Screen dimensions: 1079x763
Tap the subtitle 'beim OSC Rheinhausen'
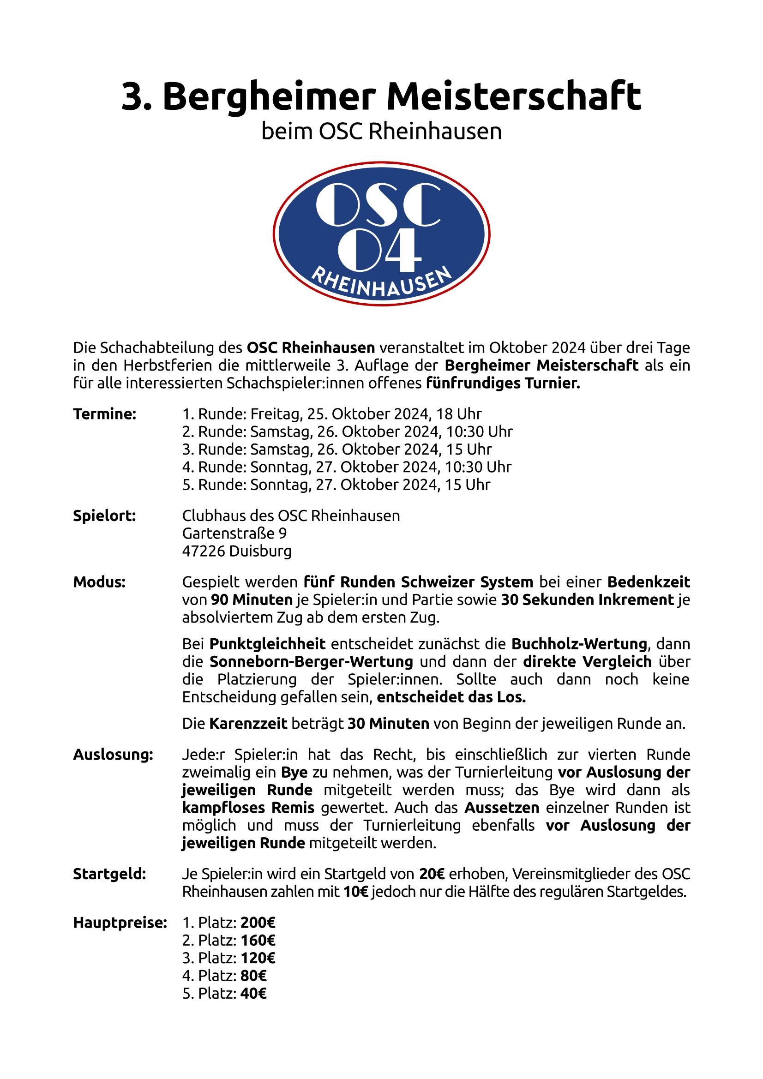click(x=381, y=132)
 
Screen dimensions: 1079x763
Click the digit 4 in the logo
click(x=401, y=252)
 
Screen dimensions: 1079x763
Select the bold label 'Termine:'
click(x=104, y=414)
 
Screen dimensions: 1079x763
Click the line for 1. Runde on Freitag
click(x=332, y=414)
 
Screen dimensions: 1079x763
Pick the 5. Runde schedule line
click(x=336, y=485)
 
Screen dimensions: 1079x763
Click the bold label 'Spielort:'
click(x=104, y=516)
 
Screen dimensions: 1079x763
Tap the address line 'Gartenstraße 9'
click(x=234, y=534)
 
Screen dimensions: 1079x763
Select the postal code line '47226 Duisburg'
click(x=236, y=551)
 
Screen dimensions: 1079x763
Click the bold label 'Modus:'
click(x=99, y=582)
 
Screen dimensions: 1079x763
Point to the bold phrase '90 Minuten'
click(x=252, y=600)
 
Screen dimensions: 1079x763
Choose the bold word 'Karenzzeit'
click(x=248, y=723)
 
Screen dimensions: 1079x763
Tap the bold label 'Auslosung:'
click(x=113, y=755)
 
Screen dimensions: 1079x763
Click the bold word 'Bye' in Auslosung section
click(x=294, y=773)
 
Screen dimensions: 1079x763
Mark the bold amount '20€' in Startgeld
click(x=432, y=875)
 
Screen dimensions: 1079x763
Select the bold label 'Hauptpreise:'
click(x=120, y=923)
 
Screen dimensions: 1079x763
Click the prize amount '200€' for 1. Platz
click(x=258, y=923)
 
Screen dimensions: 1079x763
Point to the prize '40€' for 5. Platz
click(x=253, y=994)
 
